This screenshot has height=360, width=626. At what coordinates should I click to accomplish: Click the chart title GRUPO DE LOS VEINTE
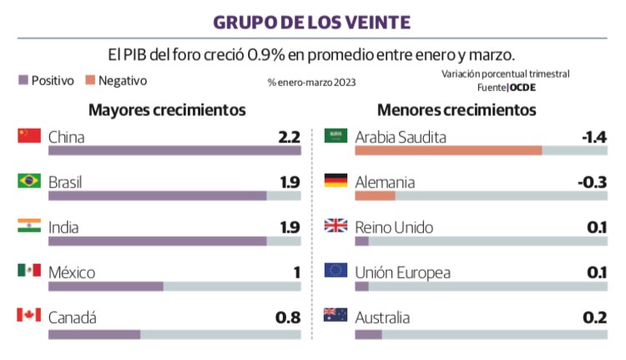(312, 21)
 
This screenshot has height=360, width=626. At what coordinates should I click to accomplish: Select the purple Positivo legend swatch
(23, 81)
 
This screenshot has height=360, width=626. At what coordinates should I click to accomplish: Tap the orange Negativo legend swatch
(90, 81)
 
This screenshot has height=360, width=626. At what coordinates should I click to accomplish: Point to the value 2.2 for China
(289, 136)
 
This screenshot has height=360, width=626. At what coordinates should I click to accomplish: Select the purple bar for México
(106, 286)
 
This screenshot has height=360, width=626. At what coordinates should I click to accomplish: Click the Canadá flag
(29, 316)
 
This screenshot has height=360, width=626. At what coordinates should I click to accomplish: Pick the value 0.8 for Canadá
(287, 317)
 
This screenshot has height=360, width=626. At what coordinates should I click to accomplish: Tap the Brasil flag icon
(29, 181)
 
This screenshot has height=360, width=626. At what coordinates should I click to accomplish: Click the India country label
(65, 227)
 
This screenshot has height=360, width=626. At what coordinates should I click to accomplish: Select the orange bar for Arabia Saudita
(448, 150)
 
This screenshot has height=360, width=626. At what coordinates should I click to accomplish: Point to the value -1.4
(593, 136)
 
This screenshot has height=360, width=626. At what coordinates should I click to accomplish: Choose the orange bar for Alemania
(375, 195)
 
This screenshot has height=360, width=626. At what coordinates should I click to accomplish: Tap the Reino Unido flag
(336, 226)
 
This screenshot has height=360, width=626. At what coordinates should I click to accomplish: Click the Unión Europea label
(402, 272)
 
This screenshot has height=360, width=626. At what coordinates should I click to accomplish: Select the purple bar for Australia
(368, 334)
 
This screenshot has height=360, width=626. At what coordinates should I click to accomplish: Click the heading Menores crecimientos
(457, 110)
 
